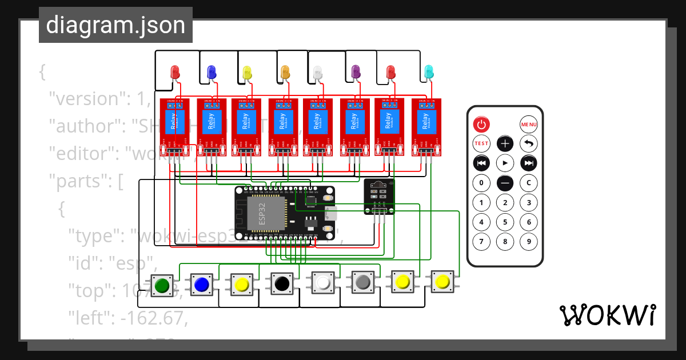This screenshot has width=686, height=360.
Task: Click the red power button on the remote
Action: (x=481, y=124)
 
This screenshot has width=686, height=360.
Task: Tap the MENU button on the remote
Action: (x=528, y=124)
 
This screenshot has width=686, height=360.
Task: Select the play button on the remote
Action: (x=505, y=163)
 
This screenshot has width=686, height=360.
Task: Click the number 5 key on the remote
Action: (x=505, y=222)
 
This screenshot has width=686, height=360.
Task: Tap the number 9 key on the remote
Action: (x=529, y=242)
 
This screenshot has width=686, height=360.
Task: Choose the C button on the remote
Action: (x=529, y=183)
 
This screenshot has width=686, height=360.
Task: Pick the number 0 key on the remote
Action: (x=481, y=183)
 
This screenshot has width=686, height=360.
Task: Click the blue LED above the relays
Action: (x=211, y=72)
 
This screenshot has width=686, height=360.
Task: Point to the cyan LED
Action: (x=429, y=72)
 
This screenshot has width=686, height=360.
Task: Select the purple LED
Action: (x=356, y=72)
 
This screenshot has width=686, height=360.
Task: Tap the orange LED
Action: (x=285, y=72)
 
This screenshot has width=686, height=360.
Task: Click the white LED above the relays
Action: (x=318, y=73)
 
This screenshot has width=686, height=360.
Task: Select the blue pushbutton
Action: (x=201, y=284)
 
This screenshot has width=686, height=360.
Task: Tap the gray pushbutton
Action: (x=362, y=282)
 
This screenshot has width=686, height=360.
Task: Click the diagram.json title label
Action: (x=115, y=25)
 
